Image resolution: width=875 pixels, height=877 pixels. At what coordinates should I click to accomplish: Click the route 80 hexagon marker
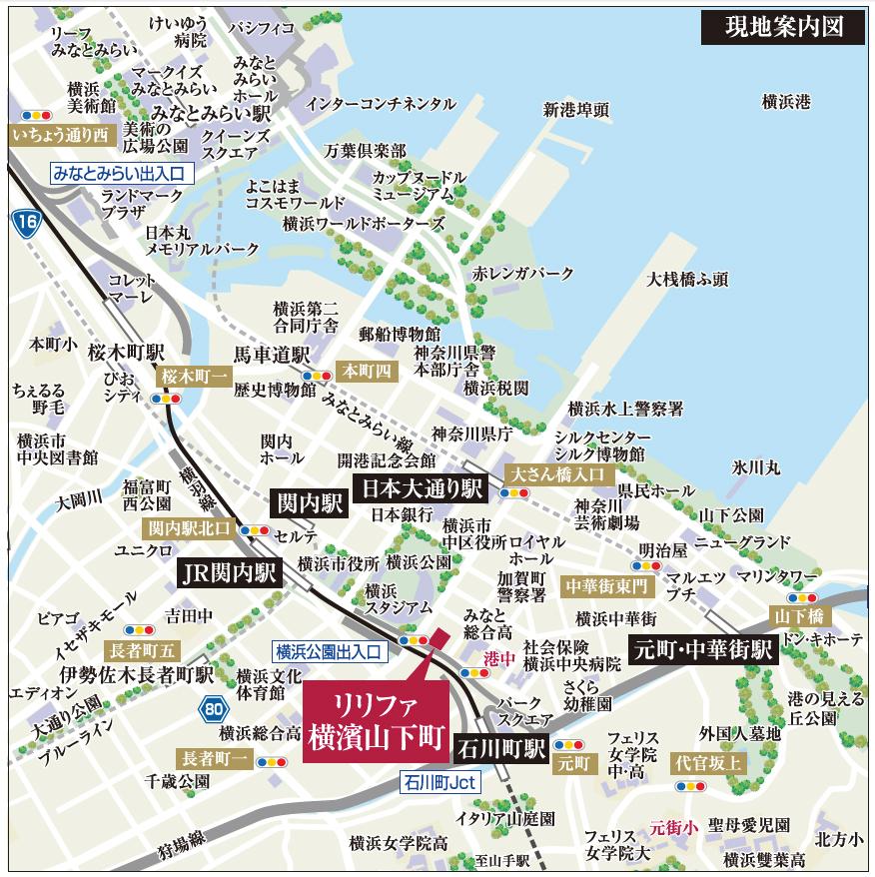(211, 710)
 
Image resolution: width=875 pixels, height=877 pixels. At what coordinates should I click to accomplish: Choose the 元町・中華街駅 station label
(703, 648)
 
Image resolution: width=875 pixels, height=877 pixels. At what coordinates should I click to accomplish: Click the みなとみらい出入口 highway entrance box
(121, 173)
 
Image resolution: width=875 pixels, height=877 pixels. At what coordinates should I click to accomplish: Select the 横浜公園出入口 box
(330, 650)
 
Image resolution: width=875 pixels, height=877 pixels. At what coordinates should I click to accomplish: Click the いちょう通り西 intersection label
(61, 134)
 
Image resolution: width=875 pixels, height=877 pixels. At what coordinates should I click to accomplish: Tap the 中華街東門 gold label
(605, 584)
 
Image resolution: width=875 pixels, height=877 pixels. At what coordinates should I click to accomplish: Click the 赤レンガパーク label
(523, 273)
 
